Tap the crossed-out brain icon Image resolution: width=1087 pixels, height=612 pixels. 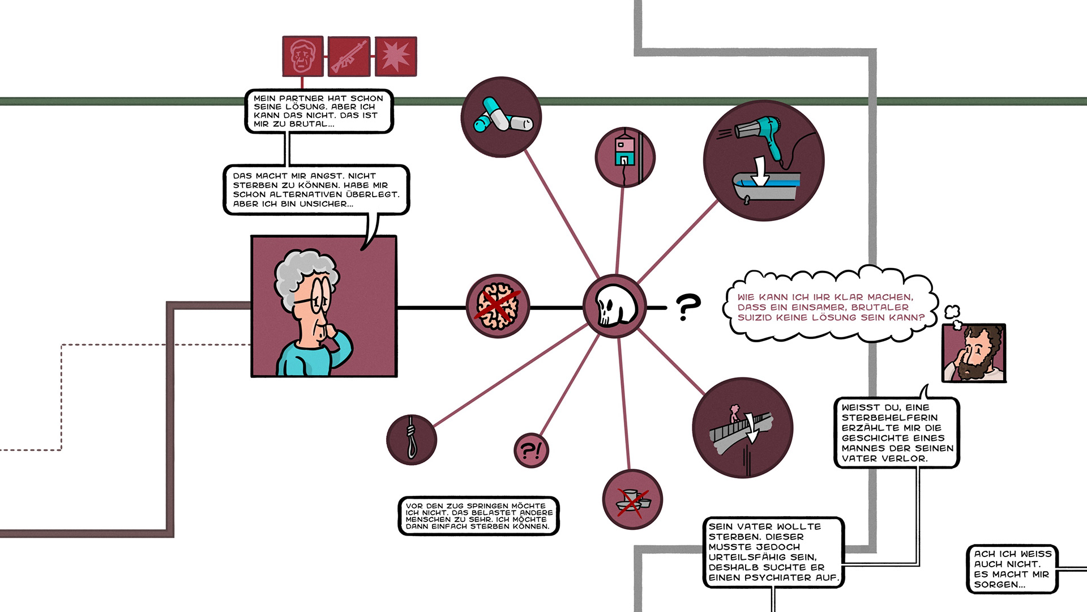point(497,307)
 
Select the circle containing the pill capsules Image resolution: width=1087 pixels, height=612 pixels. point(501,117)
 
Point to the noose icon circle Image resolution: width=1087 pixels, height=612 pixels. point(412,440)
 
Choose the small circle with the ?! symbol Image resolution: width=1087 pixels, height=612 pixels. point(531,450)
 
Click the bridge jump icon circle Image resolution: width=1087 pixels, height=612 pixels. point(742,428)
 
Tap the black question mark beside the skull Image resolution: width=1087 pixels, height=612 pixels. point(688,307)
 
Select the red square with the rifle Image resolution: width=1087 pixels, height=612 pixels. point(349,57)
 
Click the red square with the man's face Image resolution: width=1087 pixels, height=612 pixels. point(303,57)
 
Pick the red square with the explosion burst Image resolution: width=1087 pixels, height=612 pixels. point(396,57)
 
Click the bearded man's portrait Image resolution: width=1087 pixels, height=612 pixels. point(974,353)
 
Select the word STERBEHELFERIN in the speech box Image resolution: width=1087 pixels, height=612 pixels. point(889,418)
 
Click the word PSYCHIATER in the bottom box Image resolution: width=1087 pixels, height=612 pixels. point(803,577)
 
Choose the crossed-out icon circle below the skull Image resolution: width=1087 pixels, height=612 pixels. point(632,500)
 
